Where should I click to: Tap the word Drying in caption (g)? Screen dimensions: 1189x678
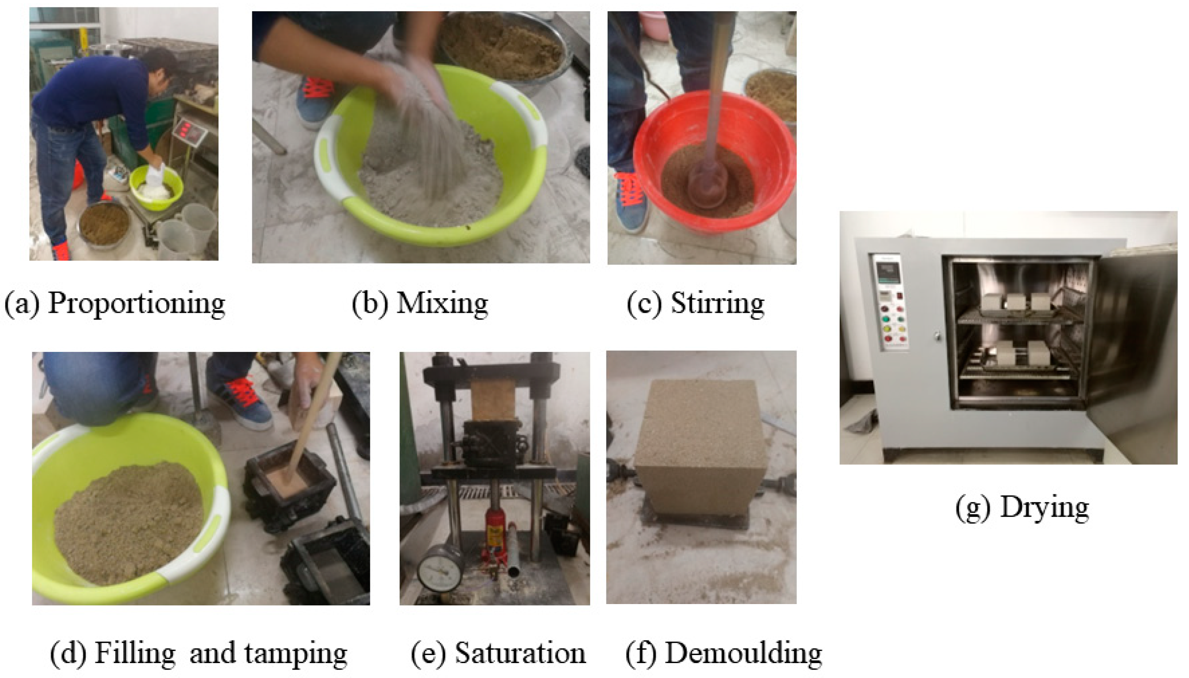[1044, 508]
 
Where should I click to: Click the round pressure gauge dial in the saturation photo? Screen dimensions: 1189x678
[440, 568]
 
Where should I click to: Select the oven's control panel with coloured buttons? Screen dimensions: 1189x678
[890, 303]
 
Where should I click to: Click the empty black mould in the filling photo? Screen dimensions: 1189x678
[326, 563]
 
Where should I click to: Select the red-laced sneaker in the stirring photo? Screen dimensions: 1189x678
[631, 202]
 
